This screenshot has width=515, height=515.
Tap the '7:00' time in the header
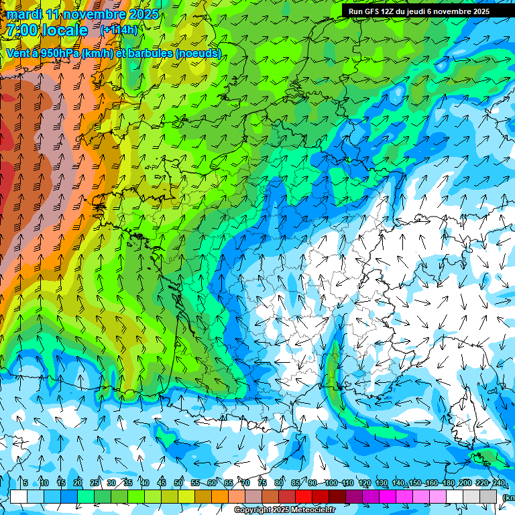pos(21,30)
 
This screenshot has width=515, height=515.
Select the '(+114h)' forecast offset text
pos(119,30)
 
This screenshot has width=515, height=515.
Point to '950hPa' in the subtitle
pos(58,53)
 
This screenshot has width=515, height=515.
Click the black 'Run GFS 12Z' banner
pos(419,11)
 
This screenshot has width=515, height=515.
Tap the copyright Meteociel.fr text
pos(284,510)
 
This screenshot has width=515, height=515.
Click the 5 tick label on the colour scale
pos(25,483)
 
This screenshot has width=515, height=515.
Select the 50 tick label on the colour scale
pos(178,483)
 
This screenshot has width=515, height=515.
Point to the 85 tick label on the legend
pos(296,483)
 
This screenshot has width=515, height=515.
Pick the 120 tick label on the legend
pos(365,483)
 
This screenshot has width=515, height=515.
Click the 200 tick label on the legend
pos(465,483)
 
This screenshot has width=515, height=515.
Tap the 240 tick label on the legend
pos(499,483)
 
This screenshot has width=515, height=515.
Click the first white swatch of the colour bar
pos(19,496)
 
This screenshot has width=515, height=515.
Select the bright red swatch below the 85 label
pos(304,496)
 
